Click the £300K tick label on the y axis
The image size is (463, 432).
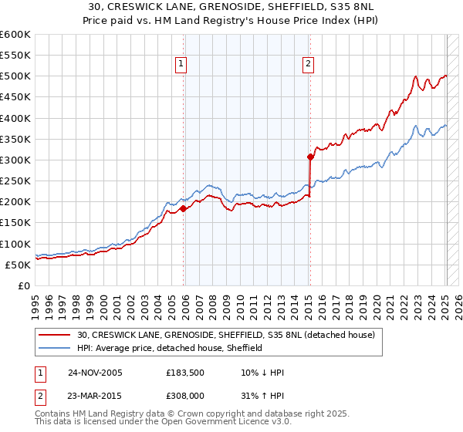pyautogui.click(x=15, y=160)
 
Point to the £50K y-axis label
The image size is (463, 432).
pyautogui.click(x=17, y=265)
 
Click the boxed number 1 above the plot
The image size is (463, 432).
pyautogui.click(x=182, y=65)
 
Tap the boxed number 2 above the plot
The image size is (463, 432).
pyautogui.click(x=309, y=65)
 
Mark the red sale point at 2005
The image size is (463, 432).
pyautogui.click(x=183, y=208)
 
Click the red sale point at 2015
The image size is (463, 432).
pyautogui.click(x=309, y=157)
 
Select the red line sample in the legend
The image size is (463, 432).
pyautogui.click(x=55, y=335)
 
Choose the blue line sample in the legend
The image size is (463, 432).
pyautogui.click(x=55, y=348)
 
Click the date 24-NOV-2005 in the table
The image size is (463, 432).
pyautogui.click(x=95, y=373)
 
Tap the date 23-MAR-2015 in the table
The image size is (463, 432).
pyautogui.click(x=95, y=396)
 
